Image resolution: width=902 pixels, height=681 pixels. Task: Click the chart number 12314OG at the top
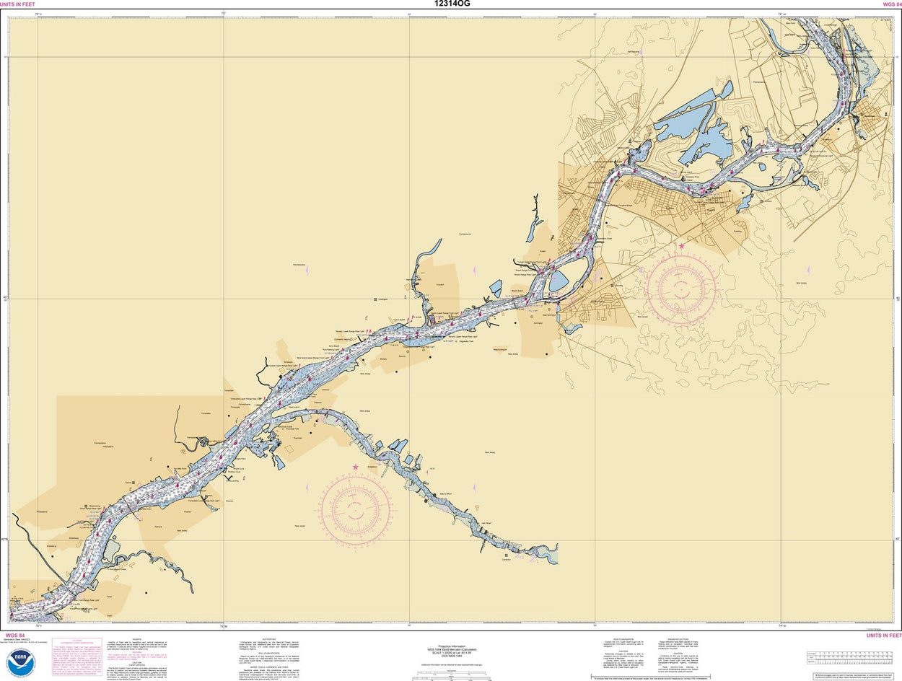click(x=450, y=4)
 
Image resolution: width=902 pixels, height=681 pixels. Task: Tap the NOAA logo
click(x=20, y=662)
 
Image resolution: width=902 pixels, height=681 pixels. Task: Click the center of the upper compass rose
click(x=681, y=289)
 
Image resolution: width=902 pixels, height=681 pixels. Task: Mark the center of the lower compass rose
click(x=356, y=510)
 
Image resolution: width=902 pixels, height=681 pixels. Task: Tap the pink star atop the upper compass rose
click(x=681, y=247)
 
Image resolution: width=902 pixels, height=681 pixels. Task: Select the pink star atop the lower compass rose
click(x=355, y=467)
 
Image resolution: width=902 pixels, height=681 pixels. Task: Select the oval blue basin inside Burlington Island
click(x=558, y=281)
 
